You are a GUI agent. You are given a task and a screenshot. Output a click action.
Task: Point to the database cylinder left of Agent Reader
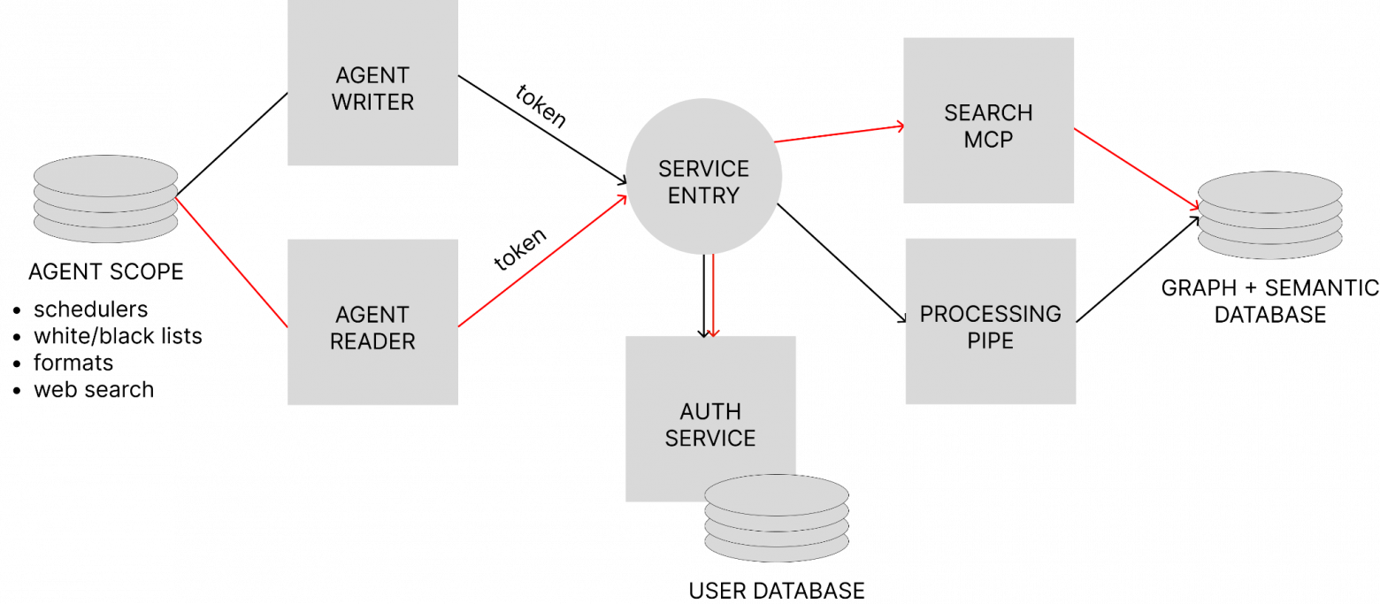pos(106,199)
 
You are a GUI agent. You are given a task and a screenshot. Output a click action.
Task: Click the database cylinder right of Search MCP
pos(1270,215)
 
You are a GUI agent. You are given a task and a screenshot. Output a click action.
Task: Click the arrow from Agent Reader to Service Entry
pos(542,262)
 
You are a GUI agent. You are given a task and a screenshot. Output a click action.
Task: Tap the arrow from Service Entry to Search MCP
pos(839,134)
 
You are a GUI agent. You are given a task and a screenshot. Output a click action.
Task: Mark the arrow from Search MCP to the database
pos(1137,168)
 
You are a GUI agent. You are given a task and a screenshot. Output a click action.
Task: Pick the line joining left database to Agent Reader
pos(232,263)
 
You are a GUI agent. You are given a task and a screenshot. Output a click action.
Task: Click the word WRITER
pos(372,103)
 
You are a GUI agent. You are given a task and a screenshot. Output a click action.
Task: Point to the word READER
pos(372,341)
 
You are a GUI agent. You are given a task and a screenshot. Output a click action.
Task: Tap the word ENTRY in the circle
pos(703,195)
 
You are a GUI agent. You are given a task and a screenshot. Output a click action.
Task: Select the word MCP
pos(988,140)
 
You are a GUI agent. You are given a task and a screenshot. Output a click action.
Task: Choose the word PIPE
pos(990,340)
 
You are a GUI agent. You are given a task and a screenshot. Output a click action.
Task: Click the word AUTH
pos(710,411)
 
